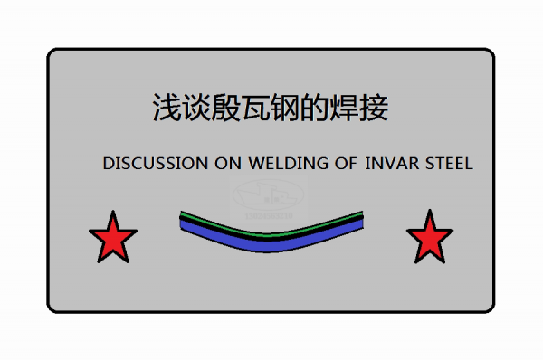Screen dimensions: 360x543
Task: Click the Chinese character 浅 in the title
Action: click(x=163, y=108)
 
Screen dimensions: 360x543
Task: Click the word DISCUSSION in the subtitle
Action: click(x=156, y=165)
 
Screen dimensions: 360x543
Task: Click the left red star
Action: click(x=113, y=239)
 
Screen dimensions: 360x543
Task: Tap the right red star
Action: click(x=429, y=239)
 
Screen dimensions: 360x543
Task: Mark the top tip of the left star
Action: click(x=113, y=213)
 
